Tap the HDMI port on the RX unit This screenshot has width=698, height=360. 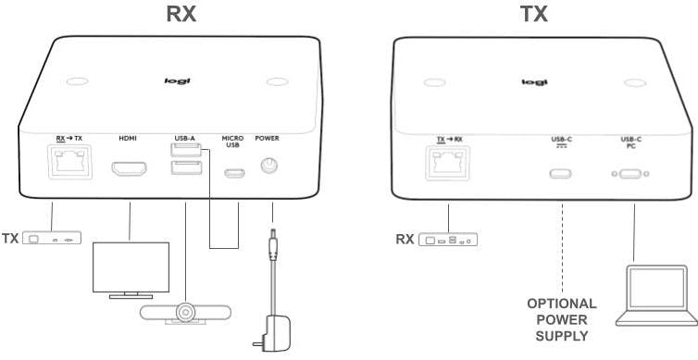click(130, 170)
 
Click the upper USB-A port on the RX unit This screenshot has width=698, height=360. click(183, 151)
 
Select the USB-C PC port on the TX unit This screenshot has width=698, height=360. click(631, 172)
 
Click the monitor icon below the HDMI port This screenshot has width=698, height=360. click(131, 268)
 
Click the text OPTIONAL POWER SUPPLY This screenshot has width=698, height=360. click(561, 319)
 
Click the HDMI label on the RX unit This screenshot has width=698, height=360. click(128, 139)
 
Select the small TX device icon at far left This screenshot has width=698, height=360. click(53, 238)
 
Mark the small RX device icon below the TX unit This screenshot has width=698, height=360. click(450, 240)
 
